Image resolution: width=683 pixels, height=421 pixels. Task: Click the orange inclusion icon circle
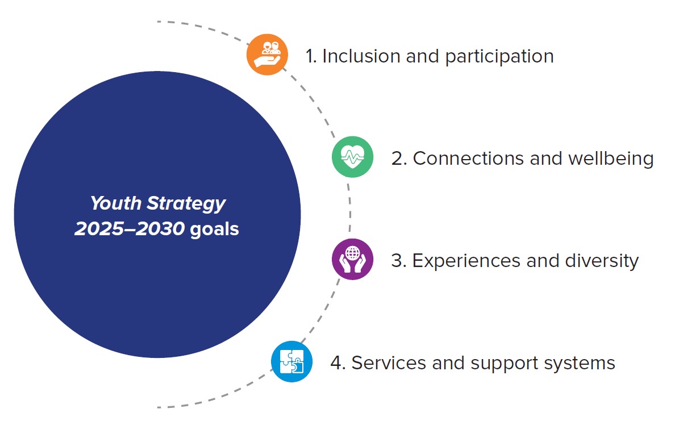[x=267, y=55]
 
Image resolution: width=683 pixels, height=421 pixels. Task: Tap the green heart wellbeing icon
[x=352, y=157]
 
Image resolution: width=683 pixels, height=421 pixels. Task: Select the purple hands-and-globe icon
[x=352, y=259]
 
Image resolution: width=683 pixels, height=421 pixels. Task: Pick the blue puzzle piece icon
[x=291, y=361]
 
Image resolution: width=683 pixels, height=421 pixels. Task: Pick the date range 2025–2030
[x=130, y=229]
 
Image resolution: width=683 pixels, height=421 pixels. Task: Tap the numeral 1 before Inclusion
[x=310, y=56]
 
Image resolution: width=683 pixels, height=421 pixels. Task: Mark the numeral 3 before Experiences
[x=397, y=261]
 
